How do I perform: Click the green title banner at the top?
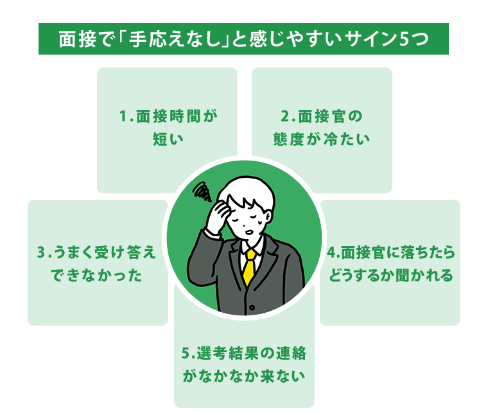coord(243,39)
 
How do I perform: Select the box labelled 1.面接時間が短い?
coord(167,128)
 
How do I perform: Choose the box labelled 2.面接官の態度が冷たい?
coord(322,128)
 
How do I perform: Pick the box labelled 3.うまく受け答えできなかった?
coord(96,262)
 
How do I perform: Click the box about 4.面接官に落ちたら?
coord(390,262)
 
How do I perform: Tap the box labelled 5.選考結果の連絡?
coord(244,363)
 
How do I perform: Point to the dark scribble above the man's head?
coord(202,190)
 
